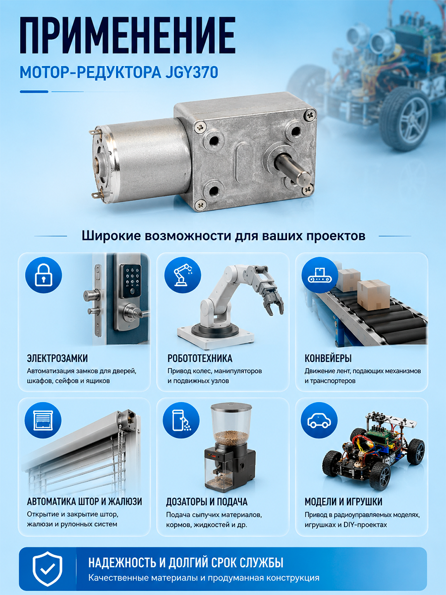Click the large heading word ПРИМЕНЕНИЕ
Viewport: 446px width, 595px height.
pos(127,36)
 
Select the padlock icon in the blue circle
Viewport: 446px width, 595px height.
pos(44,275)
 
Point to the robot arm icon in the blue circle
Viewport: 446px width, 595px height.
pos(183,275)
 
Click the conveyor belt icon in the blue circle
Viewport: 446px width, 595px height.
pos(320,275)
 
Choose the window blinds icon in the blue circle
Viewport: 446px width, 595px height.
pos(43,420)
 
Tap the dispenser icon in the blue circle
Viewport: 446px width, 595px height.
pos(181,420)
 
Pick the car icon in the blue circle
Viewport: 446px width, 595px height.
pos(319,420)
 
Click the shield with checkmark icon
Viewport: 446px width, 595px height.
pos(48,569)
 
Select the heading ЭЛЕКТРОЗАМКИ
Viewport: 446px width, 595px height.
pos(57,358)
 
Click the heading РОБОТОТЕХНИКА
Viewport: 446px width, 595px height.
pos(200,358)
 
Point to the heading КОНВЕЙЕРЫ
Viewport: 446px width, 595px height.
pos(328,358)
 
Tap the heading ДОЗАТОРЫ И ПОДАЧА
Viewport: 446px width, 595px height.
pos(207,502)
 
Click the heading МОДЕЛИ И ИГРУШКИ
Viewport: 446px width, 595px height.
pos(343,502)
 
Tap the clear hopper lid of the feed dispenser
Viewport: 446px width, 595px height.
pos(231,408)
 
